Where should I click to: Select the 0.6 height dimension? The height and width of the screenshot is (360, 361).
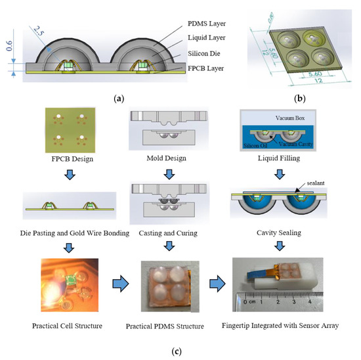click(10, 45)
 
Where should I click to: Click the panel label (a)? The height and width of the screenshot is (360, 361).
click(118, 98)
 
